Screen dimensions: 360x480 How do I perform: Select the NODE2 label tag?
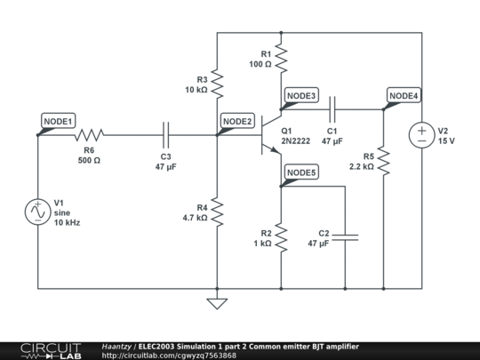[237, 121]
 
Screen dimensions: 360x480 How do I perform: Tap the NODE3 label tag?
[300, 95]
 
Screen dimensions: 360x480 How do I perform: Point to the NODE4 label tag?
[404, 95]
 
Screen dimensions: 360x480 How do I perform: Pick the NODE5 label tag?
[300, 172]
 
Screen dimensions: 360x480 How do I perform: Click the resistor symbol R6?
[89, 135]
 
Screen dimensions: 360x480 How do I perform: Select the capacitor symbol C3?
[166, 135]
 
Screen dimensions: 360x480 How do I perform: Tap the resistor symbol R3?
[217, 84]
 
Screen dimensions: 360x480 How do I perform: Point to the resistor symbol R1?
[281, 58]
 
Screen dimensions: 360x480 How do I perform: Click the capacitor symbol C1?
[332, 109]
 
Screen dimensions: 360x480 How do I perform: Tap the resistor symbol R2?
[281, 237]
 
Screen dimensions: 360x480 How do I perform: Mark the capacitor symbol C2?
[345, 236]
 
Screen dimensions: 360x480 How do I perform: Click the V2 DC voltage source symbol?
[421, 135]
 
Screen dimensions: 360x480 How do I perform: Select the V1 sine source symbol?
[38, 212]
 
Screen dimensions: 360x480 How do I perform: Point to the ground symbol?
[217, 303]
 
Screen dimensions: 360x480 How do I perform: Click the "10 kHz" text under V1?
[68, 222]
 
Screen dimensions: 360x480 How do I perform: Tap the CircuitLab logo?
[42, 349]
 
